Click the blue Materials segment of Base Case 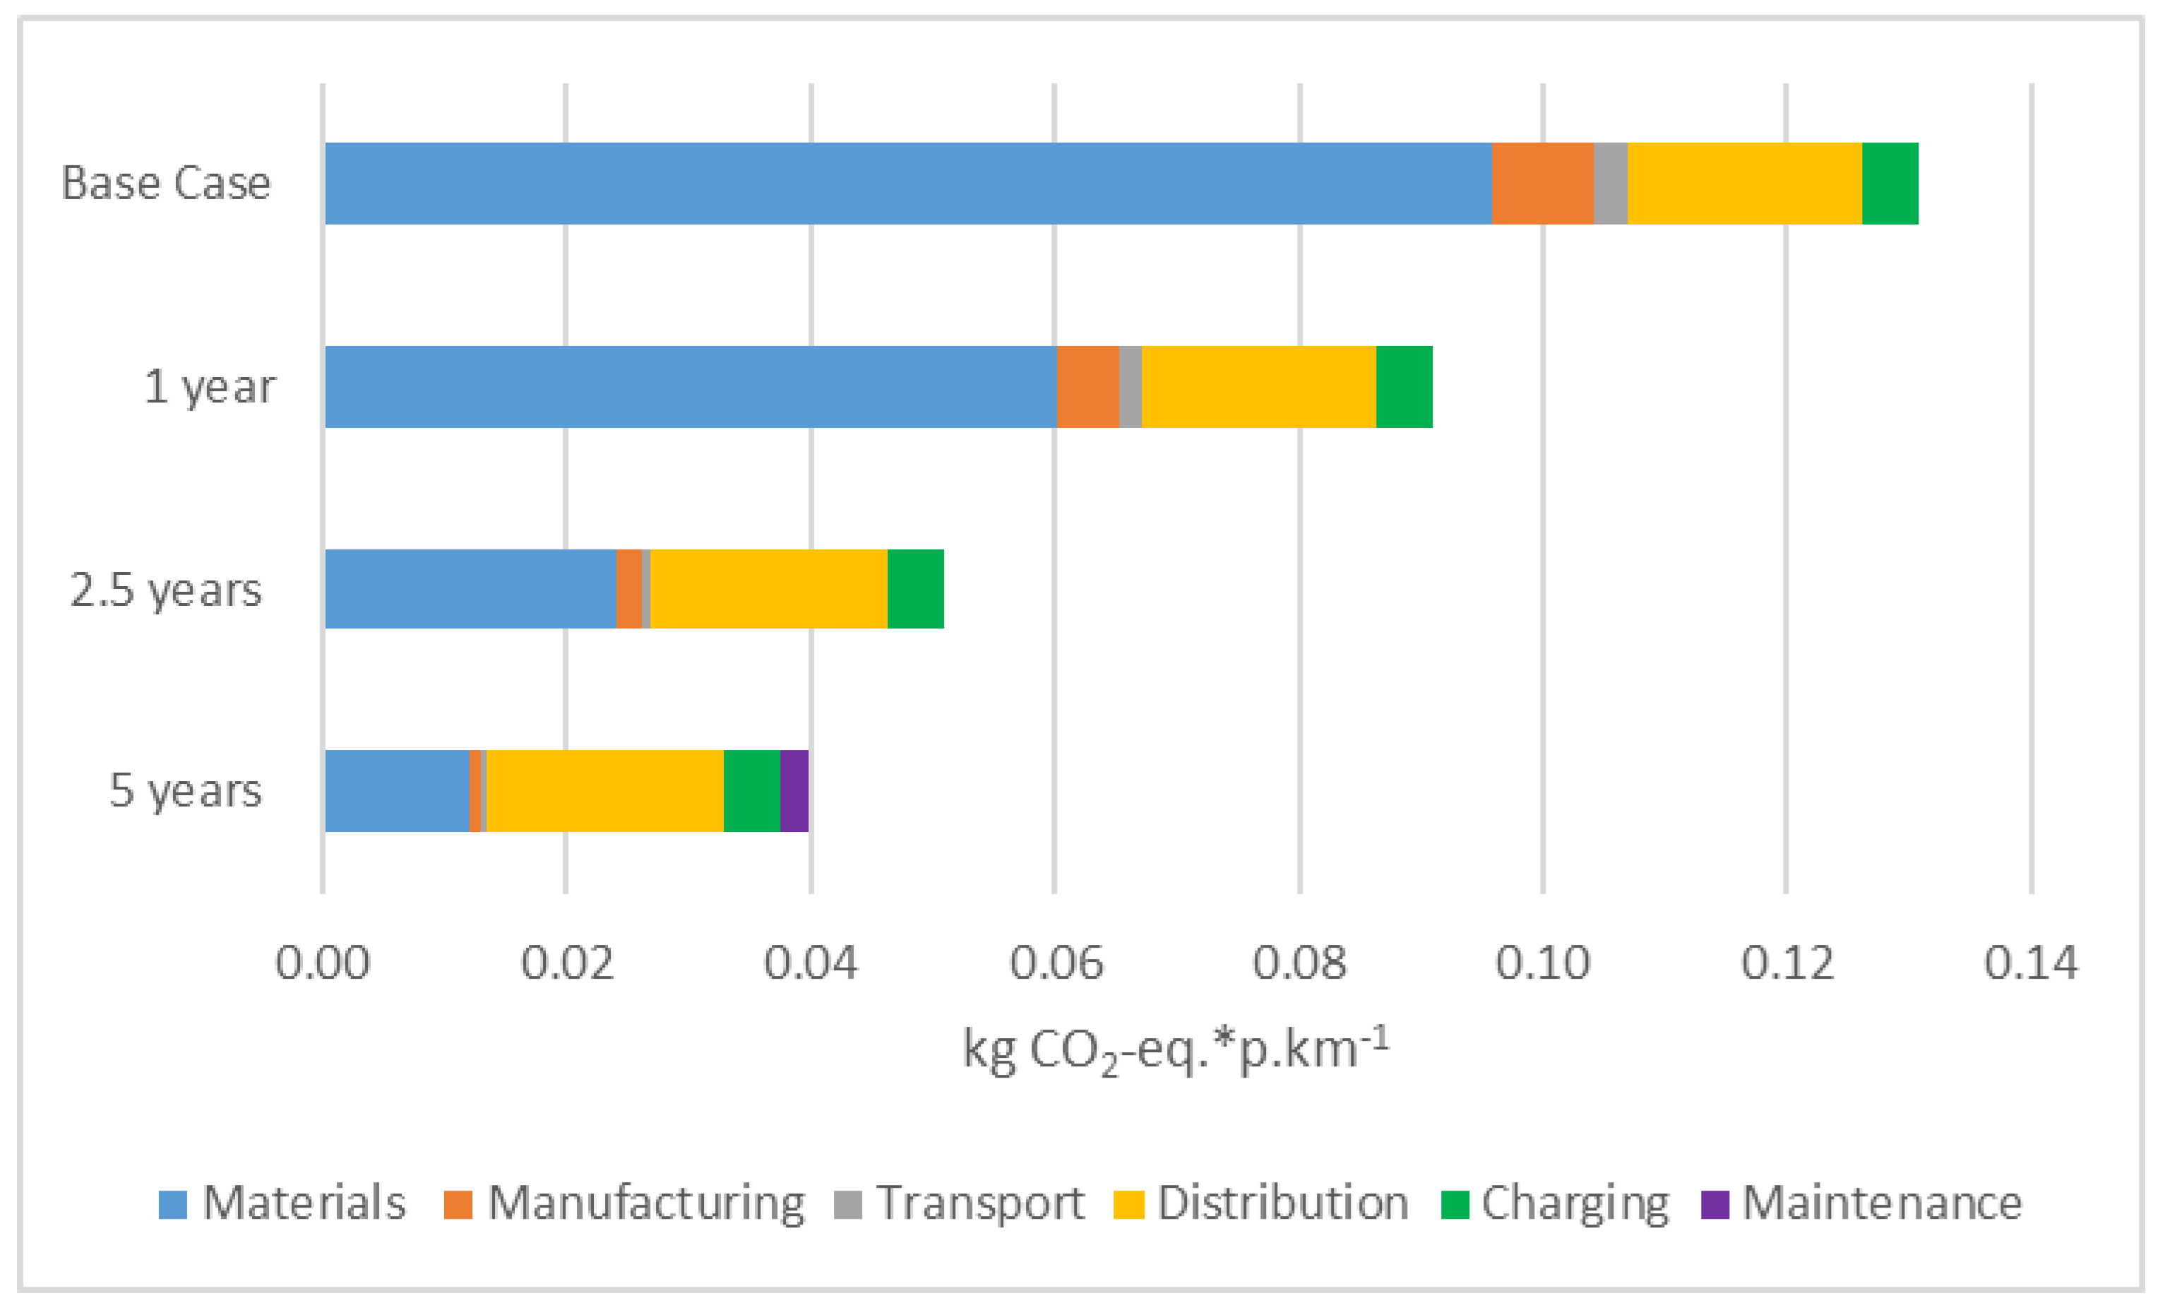pyautogui.click(x=907, y=184)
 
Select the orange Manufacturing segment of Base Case pyautogui.click(x=1542, y=184)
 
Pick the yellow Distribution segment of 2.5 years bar pyautogui.click(x=768, y=589)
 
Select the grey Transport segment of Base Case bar pyautogui.click(x=1610, y=184)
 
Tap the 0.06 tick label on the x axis pyautogui.click(x=1055, y=963)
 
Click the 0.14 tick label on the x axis pyautogui.click(x=2031, y=963)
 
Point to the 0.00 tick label pyautogui.click(x=323, y=963)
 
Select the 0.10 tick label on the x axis pyautogui.click(x=1542, y=963)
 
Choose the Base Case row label pyautogui.click(x=166, y=184)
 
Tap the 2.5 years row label pyautogui.click(x=166, y=590)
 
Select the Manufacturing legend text pyautogui.click(x=646, y=1203)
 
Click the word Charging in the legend pyautogui.click(x=1575, y=1203)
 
